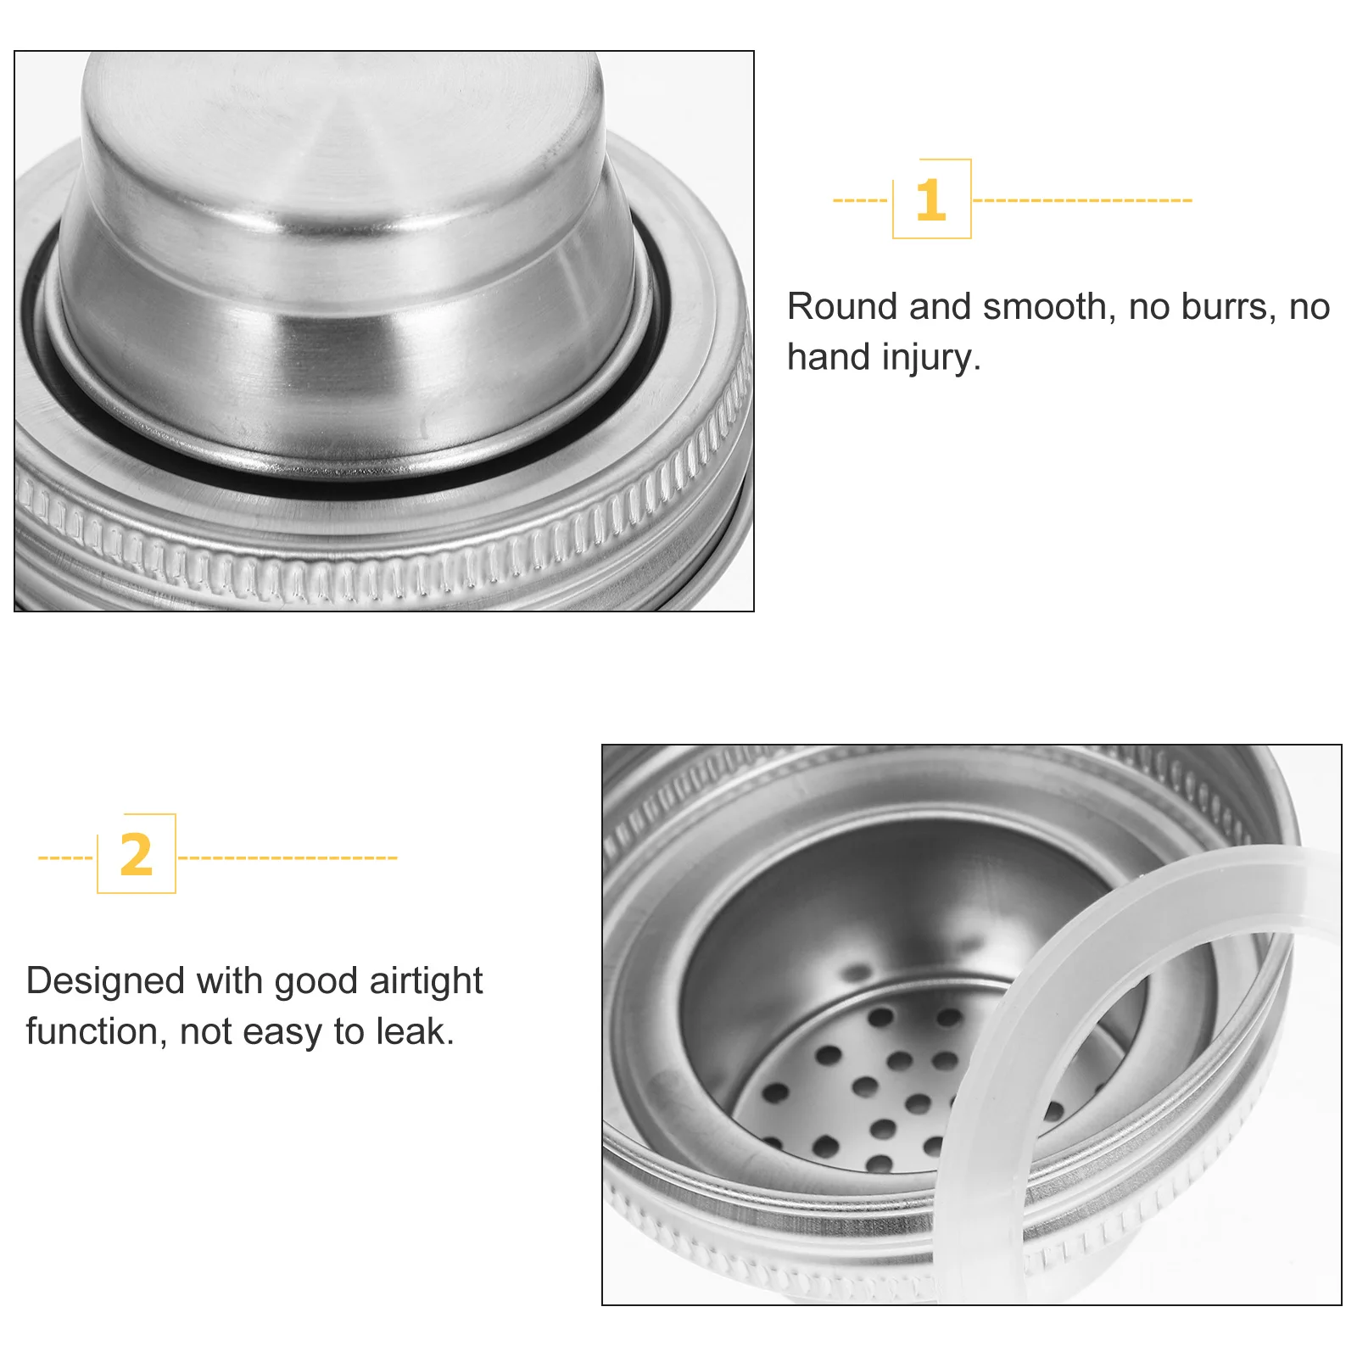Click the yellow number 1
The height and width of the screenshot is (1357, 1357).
930,200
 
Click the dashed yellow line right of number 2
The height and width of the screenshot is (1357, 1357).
288,857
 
